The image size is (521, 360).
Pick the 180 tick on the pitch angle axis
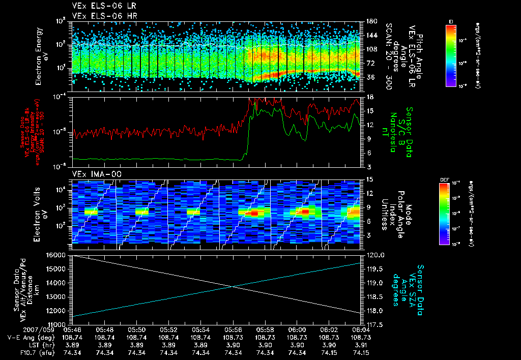(x=371, y=21)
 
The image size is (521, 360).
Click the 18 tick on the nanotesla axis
(x=369, y=97)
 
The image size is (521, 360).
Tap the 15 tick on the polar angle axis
(x=369, y=179)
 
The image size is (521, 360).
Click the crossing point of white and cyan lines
(x=234, y=287)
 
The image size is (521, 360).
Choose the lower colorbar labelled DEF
(x=451, y=214)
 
